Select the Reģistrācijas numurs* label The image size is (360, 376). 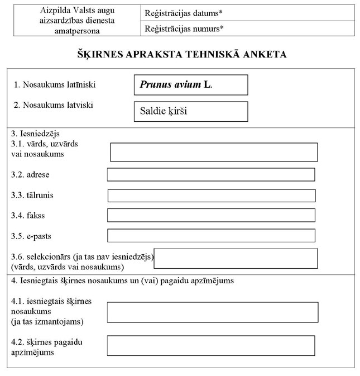click(180, 28)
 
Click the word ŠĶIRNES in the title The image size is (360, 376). click(100, 55)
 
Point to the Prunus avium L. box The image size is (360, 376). click(190, 85)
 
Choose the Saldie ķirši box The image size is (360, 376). click(190, 111)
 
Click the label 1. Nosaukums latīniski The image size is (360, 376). click(55, 85)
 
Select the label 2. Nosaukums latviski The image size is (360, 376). click(54, 104)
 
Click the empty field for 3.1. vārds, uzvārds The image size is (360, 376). click(214, 152)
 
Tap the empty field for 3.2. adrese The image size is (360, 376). click(211, 175)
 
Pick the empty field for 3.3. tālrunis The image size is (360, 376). click(211, 196)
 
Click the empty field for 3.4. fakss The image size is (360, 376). click(211, 215)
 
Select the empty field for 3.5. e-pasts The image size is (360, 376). click(211, 235)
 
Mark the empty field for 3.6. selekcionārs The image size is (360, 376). click(236, 258)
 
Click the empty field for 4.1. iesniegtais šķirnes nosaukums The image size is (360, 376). click(213, 312)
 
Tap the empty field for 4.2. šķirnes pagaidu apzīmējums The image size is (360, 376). click(211, 345)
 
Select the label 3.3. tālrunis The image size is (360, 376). click(32, 196)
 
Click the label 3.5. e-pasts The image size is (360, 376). click(31, 236)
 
